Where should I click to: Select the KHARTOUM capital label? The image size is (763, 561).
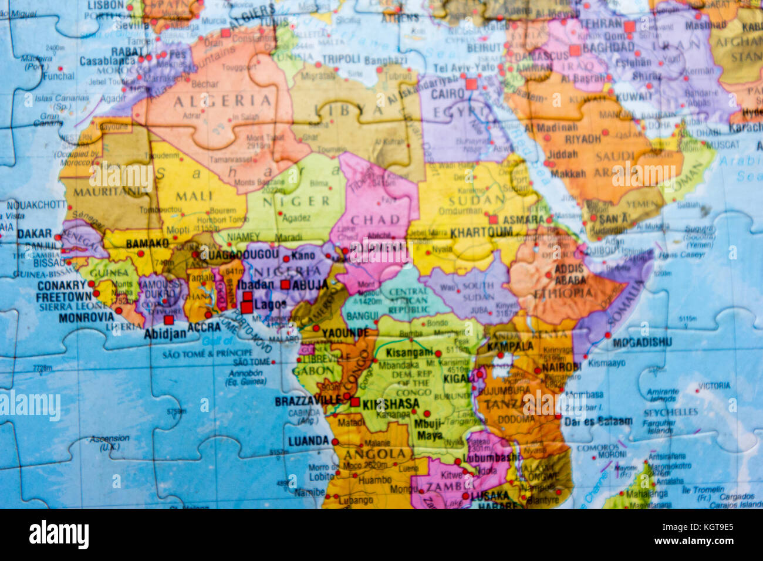[x=481, y=232]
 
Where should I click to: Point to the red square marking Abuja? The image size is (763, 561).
[x=285, y=285]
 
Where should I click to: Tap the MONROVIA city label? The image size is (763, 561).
[x=86, y=317]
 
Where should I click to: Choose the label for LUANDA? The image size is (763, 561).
[x=308, y=441]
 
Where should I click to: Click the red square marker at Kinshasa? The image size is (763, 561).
[x=355, y=402]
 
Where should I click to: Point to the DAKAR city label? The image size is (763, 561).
[x=35, y=234]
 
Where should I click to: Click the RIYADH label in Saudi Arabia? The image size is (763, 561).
[x=583, y=139]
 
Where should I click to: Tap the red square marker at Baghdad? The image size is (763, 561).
[x=575, y=50]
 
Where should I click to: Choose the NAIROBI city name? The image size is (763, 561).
[x=561, y=367]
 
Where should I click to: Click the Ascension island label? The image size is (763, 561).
[x=110, y=438]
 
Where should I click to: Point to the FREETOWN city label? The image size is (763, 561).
[x=63, y=297]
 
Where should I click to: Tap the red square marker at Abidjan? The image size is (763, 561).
[x=169, y=320]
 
